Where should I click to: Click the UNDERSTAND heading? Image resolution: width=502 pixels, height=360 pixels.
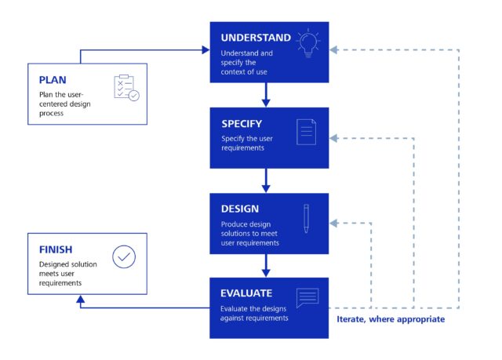pyautogui.click(x=256, y=38)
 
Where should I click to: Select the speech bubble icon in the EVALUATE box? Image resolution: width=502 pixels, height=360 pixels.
pyautogui.click(x=307, y=299)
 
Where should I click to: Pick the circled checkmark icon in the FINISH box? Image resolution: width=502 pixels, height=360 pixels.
pyautogui.click(x=123, y=256)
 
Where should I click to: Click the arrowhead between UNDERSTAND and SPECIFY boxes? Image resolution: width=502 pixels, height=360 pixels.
pyautogui.click(x=266, y=103)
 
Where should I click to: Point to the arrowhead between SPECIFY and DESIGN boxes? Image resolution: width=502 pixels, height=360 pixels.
pyautogui.click(x=266, y=188)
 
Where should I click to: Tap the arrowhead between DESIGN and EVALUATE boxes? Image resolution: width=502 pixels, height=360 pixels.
pyautogui.click(x=266, y=272)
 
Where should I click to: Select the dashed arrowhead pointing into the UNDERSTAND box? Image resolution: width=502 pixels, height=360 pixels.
pyautogui.click(x=334, y=50)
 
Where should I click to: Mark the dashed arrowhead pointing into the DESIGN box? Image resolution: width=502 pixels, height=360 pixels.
pyautogui.click(x=334, y=223)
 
